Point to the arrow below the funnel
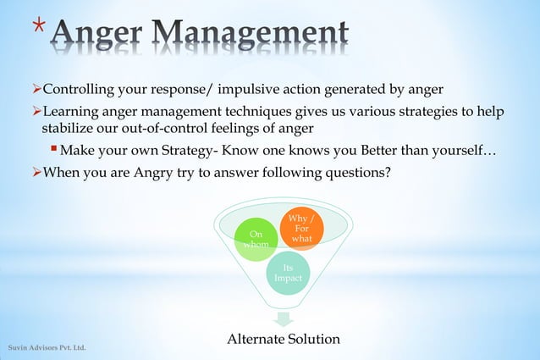(x=283, y=319)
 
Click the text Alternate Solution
(x=283, y=339)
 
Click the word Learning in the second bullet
(x=70, y=112)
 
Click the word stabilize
(x=72, y=129)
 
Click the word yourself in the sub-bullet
(x=458, y=152)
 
